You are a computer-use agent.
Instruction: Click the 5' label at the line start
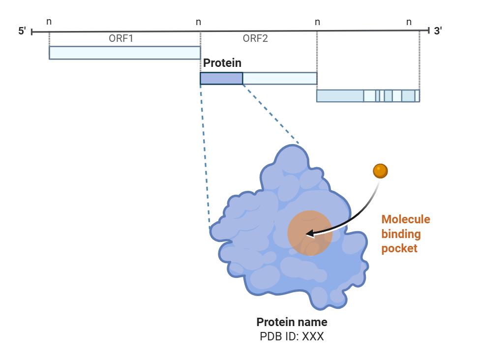pyautogui.click(x=22, y=31)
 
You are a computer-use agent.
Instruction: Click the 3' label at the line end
pyautogui.click(x=438, y=31)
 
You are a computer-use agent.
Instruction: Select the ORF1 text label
pyautogui.click(x=121, y=38)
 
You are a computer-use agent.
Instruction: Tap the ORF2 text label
pyautogui.click(x=255, y=38)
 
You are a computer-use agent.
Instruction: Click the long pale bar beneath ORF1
pyautogui.click(x=124, y=53)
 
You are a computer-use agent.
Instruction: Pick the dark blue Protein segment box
pyautogui.click(x=221, y=78)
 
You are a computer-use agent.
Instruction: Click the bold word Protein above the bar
pyautogui.click(x=222, y=63)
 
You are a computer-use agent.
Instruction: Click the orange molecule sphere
pyautogui.click(x=380, y=171)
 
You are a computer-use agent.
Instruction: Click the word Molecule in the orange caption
pyautogui.click(x=406, y=219)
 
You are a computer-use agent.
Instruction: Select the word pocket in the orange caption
pyautogui.click(x=399, y=248)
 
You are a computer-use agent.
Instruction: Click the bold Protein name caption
pyautogui.click(x=292, y=323)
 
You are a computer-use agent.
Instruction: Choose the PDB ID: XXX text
pyautogui.click(x=292, y=337)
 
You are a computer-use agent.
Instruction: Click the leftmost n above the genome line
pyautogui.click(x=49, y=22)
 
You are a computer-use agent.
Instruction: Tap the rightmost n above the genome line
pyautogui.click(x=409, y=22)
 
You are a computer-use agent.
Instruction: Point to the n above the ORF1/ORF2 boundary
pyautogui.click(x=198, y=22)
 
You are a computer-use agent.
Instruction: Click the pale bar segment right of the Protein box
pyautogui.click(x=279, y=78)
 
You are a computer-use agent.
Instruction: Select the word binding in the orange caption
pyautogui.click(x=401, y=234)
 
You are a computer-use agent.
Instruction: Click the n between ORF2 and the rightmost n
pyautogui.click(x=317, y=22)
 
